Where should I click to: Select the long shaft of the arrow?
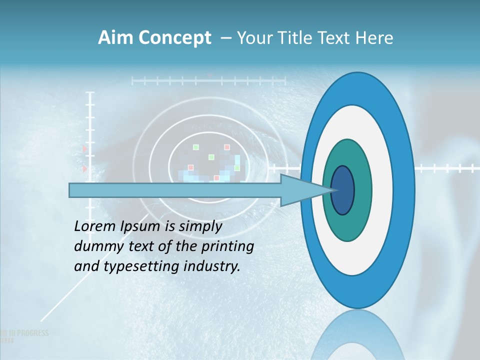pyautogui.click(x=175, y=190)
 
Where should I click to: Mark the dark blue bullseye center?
pyautogui.click(x=342, y=190)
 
